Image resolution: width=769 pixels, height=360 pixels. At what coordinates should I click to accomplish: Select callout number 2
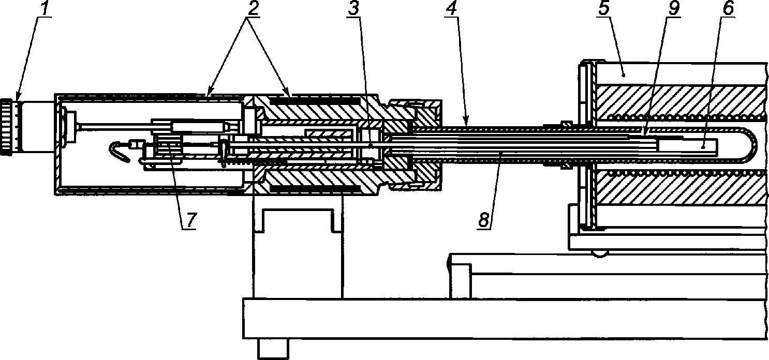coord(253,9)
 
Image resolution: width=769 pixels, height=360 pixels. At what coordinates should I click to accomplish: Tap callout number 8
coord(483,220)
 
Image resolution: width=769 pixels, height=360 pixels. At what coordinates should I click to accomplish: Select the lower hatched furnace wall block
coord(682,189)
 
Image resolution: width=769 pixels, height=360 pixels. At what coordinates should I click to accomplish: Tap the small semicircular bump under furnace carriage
coord(599,254)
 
